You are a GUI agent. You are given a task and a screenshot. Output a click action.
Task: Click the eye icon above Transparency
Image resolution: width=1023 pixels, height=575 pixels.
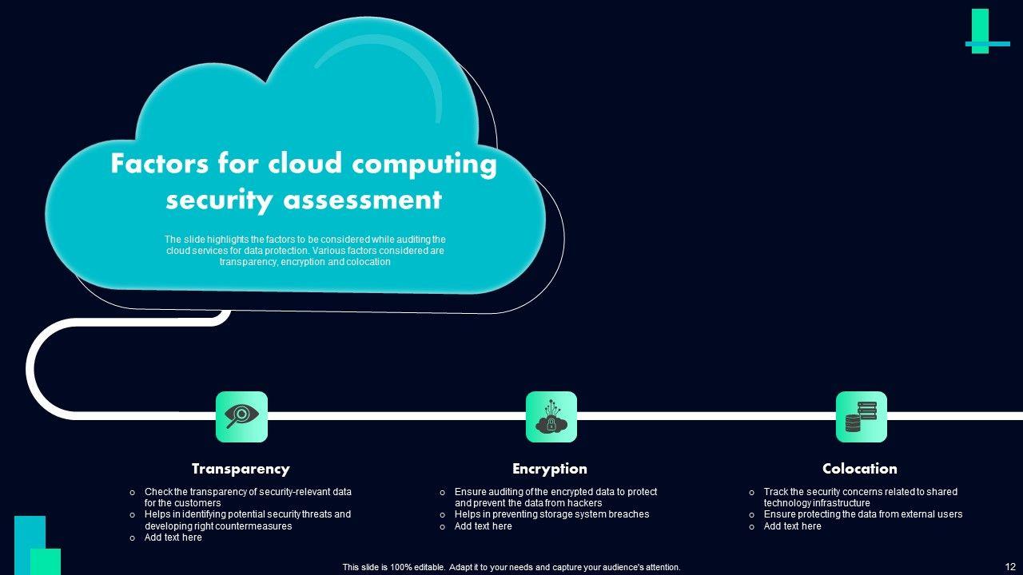[241, 416]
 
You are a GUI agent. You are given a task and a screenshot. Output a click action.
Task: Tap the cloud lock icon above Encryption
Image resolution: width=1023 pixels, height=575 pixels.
[551, 416]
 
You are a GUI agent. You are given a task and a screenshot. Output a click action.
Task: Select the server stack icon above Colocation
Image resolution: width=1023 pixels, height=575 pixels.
[861, 416]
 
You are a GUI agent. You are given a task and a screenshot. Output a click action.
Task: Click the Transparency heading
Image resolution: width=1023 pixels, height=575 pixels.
[241, 469]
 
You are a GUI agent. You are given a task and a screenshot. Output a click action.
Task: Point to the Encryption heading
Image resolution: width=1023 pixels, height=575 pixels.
[550, 469]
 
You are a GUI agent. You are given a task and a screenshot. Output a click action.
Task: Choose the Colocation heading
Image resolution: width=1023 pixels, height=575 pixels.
[860, 469]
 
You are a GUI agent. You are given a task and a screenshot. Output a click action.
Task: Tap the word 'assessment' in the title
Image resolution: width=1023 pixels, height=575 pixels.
[362, 200]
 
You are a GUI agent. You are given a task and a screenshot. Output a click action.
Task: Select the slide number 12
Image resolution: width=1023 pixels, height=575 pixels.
[1010, 566]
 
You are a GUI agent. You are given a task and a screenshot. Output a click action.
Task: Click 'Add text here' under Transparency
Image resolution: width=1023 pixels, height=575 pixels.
[173, 537]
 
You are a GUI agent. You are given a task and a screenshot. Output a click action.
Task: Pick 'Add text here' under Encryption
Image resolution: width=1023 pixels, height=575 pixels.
[484, 526]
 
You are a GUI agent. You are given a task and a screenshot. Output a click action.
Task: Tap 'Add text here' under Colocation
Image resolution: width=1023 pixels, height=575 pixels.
[793, 526]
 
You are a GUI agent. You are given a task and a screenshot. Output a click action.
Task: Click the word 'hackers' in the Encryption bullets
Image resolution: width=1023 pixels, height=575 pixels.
[583, 503]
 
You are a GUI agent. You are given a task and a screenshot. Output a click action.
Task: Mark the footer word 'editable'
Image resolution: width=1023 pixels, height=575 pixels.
[424, 567]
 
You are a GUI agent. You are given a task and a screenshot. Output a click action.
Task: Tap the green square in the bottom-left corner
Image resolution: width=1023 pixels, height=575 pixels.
[46, 561]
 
